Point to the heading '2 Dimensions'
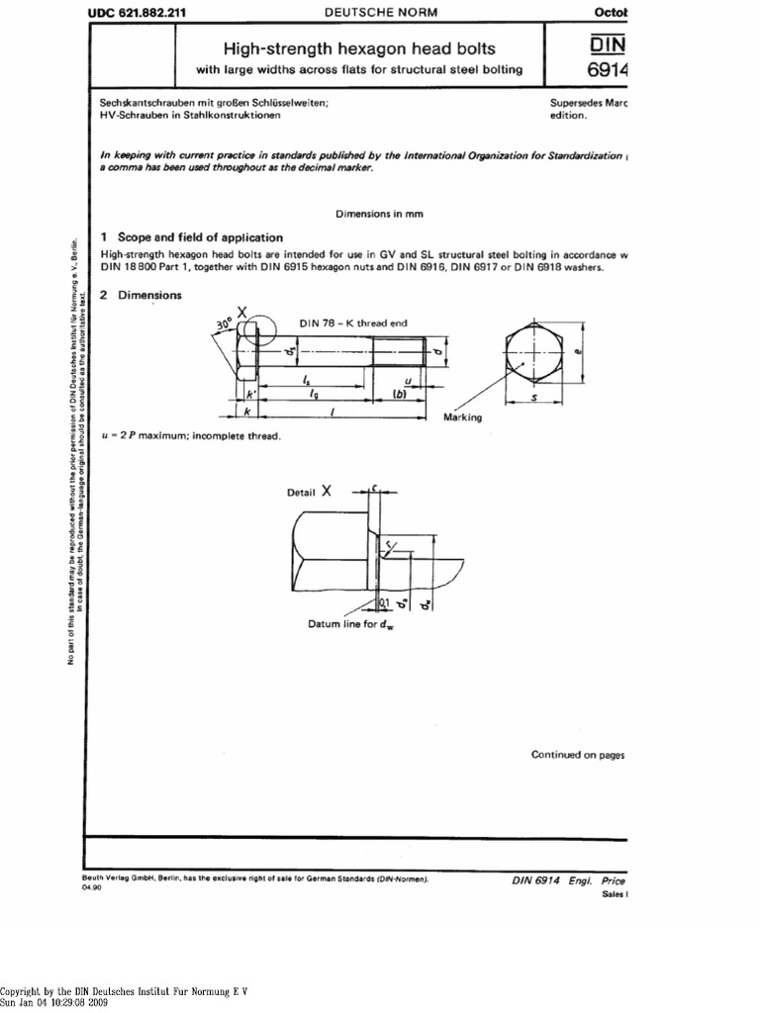coord(142,295)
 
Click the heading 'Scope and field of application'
coord(200,237)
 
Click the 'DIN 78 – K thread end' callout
coord(352,322)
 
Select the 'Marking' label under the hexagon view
coord(462,417)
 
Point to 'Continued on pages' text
coord(578,755)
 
